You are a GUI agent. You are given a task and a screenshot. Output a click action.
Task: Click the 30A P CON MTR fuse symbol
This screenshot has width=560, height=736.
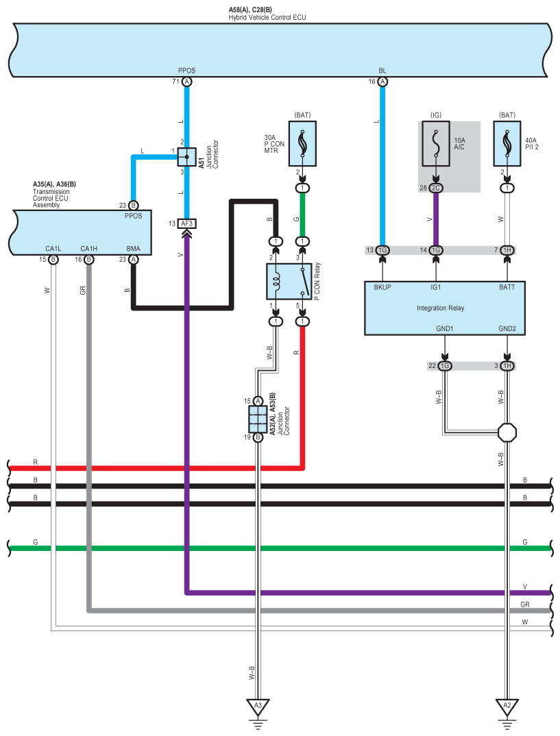pyautogui.click(x=302, y=144)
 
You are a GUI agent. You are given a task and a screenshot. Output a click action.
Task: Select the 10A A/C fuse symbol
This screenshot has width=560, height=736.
pyautogui.click(x=436, y=144)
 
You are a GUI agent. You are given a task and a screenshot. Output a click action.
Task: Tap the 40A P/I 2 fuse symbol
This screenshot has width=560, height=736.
pyautogui.click(x=507, y=144)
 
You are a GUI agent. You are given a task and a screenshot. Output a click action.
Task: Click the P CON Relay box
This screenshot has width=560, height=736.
pyautogui.click(x=289, y=282)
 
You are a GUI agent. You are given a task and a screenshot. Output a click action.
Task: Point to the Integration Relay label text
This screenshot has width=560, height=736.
pyautogui.click(x=440, y=308)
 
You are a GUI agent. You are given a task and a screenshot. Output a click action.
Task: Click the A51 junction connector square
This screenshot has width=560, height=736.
pyautogui.click(x=187, y=157)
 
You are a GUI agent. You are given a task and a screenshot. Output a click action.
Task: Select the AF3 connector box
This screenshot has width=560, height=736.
pyautogui.click(x=187, y=224)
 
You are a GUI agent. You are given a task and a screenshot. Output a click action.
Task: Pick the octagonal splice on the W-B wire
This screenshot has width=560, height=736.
pyautogui.click(x=507, y=432)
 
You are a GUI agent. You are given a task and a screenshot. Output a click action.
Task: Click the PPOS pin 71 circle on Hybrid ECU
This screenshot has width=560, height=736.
pyautogui.click(x=187, y=82)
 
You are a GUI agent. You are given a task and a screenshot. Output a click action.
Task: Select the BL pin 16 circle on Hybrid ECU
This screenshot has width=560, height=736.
pyautogui.click(x=382, y=82)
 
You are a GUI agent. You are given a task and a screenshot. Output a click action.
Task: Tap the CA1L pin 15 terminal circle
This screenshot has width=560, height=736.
pyautogui.click(x=53, y=260)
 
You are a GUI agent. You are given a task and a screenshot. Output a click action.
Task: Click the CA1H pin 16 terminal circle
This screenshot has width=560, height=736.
pyautogui.click(x=88, y=260)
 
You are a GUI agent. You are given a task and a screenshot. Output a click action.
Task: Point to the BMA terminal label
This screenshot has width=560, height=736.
pyautogui.click(x=133, y=249)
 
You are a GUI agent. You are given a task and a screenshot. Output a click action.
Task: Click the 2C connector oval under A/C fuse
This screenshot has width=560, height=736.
pyautogui.click(x=436, y=188)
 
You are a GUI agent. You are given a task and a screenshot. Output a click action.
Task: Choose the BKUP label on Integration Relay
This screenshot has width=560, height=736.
pyautogui.click(x=382, y=287)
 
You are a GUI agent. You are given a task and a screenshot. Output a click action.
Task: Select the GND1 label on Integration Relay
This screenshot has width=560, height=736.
pyautogui.click(x=445, y=328)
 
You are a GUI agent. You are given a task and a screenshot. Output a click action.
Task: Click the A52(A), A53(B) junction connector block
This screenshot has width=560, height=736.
pyautogui.click(x=258, y=419)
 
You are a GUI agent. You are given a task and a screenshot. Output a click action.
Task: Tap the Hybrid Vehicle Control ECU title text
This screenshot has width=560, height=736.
pyautogui.click(x=267, y=17)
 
